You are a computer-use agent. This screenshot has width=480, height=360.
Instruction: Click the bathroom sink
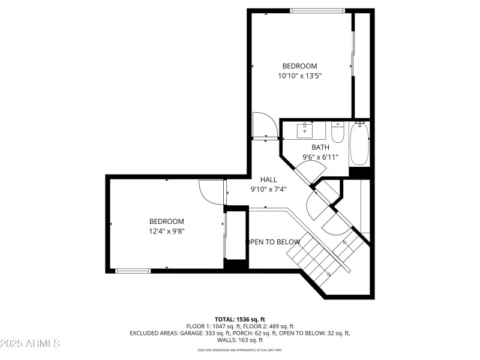pos(306,128)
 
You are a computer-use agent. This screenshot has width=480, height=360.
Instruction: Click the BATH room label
pos(320,147)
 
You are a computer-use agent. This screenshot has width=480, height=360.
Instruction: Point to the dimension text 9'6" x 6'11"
pos(320,157)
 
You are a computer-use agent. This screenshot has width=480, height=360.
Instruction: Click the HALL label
pos(268,179)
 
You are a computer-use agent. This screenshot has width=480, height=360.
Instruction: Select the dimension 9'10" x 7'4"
pos(268,189)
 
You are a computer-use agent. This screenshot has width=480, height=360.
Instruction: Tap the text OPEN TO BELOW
pos(273,242)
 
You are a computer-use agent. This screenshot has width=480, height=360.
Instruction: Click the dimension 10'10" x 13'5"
pos(299,76)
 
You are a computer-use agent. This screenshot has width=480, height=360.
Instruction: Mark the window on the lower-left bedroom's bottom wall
pos(133,271)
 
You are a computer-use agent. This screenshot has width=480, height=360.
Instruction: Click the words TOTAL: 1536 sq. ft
pos(239,319)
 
